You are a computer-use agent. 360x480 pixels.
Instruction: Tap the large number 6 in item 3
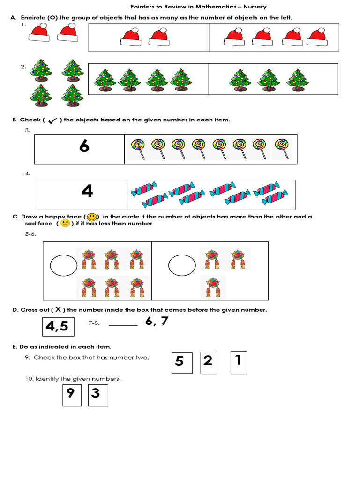[x=84, y=146]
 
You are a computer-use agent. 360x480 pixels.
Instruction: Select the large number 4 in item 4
[x=87, y=191]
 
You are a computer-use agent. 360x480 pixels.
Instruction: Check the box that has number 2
[x=209, y=362]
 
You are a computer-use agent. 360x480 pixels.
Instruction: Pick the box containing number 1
[x=239, y=361]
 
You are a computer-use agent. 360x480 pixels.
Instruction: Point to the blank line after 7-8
[x=123, y=324]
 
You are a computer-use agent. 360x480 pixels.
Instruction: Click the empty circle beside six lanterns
[x=63, y=266]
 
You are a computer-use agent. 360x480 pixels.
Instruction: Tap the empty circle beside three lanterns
[x=182, y=266]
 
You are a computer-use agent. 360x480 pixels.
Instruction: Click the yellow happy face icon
[x=92, y=217]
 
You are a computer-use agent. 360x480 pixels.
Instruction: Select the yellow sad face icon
[x=65, y=224]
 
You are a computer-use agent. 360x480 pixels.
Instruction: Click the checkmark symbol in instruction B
[x=52, y=120]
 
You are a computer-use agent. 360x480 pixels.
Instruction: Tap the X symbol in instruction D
[x=58, y=309]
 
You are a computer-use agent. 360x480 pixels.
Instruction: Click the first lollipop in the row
[x=138, y=148]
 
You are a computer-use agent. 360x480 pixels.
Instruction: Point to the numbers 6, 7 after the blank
[x=157, y=322]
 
